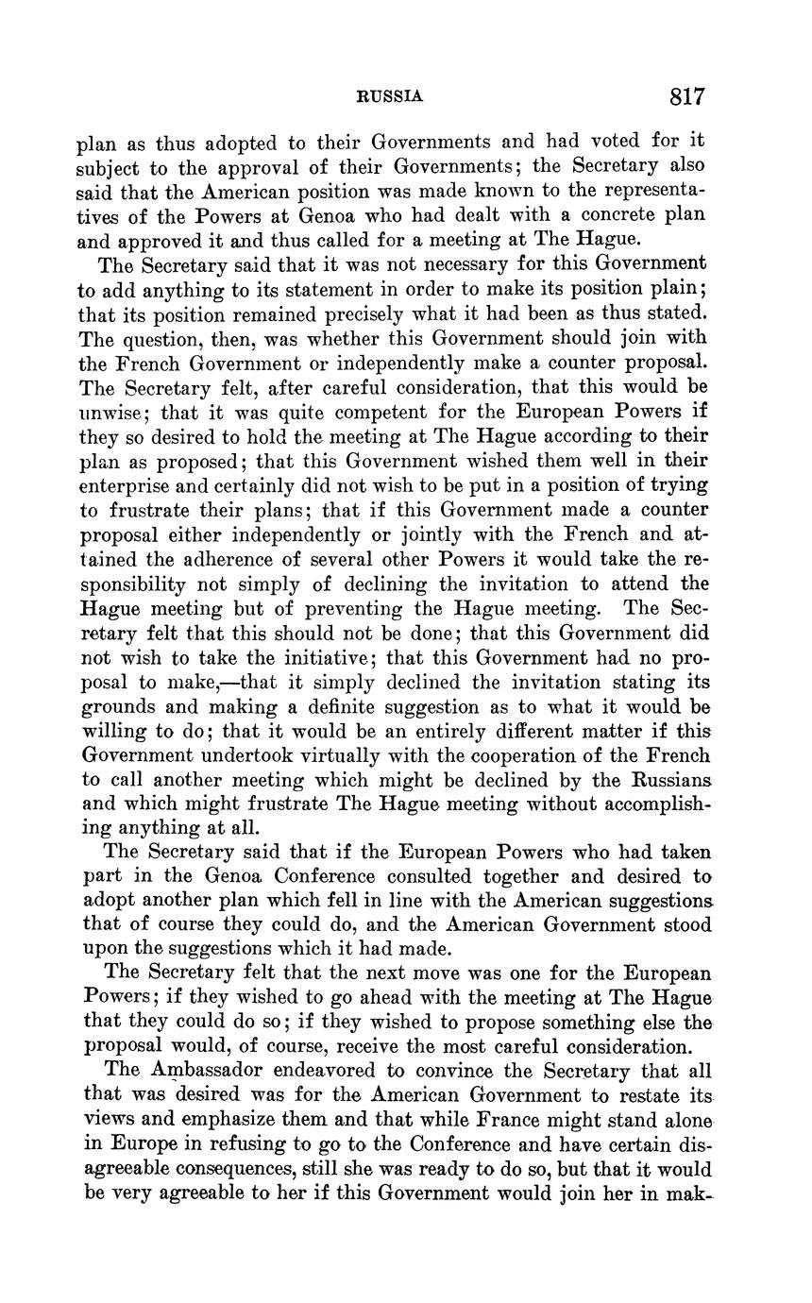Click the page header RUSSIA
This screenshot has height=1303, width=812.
click(x=389, y=96)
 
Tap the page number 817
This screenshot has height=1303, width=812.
click(x=687, y=96)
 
